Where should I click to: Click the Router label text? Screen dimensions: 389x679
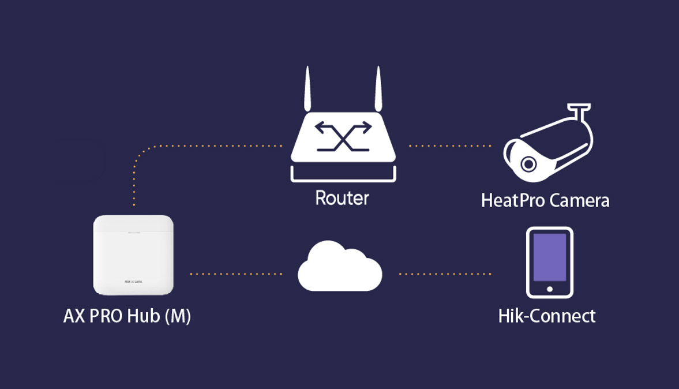[342, 199]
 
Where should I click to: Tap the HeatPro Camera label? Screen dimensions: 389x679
[545, 200]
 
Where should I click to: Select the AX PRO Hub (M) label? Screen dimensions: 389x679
[127, 316]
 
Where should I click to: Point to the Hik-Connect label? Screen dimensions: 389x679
[547, 316]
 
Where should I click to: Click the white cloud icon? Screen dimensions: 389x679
[340, 268]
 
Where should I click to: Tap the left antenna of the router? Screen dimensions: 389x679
[307, 89]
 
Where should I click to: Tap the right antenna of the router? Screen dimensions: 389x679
[378, 89]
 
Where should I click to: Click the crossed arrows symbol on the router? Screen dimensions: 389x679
[343, 136]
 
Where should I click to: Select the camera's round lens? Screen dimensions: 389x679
[528, 164]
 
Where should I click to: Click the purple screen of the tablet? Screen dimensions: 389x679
[549, 257]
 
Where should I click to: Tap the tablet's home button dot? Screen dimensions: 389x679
[549, 289]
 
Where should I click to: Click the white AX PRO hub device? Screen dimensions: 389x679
[133, 255]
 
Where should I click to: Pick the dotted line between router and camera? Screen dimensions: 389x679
[450, 146]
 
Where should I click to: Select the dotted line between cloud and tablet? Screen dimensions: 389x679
[445, 274]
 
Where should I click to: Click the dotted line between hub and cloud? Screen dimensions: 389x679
[236, 274]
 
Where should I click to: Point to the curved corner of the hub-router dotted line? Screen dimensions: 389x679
[140, 153]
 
